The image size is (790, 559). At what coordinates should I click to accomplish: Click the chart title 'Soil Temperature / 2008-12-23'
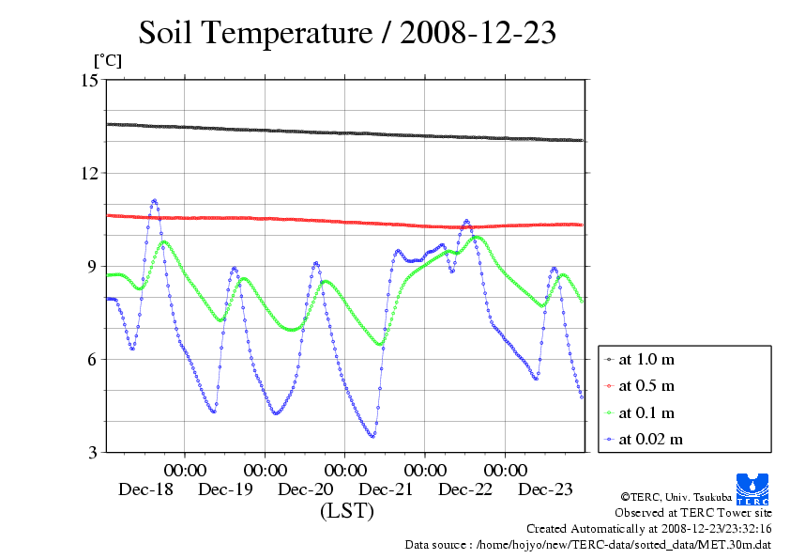click(347, 33)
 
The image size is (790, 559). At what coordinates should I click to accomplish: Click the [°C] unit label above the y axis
click(106, 60)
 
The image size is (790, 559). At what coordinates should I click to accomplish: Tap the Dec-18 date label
click(146, 489)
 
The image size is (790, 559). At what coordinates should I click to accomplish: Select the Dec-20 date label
click(306, 489)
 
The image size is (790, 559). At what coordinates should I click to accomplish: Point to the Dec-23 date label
click(546, 489)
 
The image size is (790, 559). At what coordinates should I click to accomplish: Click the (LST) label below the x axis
click(346, 512)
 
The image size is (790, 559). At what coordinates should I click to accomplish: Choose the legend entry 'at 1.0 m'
click(646, 359)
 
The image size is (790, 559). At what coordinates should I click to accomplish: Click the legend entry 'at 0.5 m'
click(646, 385)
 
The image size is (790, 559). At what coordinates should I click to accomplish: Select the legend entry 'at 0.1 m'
click(646, 412)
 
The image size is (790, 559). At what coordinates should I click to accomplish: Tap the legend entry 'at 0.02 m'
click(650, 439)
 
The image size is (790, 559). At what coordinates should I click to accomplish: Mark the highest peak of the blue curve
click(154, 200)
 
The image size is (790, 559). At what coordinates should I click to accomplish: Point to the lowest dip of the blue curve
click(372, 436)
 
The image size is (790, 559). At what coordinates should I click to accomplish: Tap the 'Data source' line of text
click(587, 544)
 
